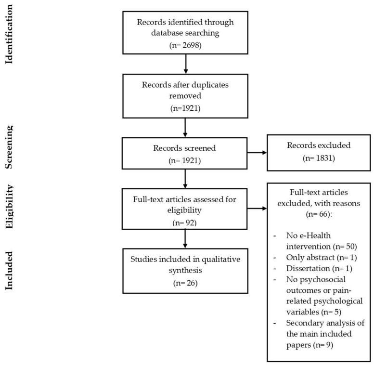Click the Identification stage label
[9, 34]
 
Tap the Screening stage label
[9, 147]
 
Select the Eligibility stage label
[9, 207]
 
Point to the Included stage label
[9, 270]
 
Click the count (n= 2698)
[185, 45]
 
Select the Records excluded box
[319, 153]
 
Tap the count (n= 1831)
[319, 158]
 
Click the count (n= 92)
[184, 222]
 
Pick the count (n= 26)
[185, 283]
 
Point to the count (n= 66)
[319, 214]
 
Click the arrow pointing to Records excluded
[257, 153]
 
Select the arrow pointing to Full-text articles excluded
[257, 209]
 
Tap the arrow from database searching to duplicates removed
[186, 64]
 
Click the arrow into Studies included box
[185, 239]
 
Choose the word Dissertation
[308, 268]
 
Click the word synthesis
[185, 270]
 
